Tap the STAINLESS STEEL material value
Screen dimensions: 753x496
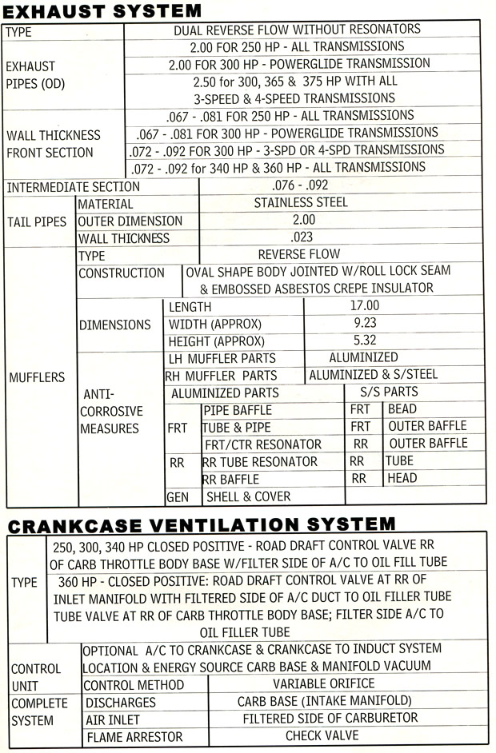click(x=301, y=203)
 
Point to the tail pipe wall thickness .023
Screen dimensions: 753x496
click(x=303, y=237)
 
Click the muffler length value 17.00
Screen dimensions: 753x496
click(x=364, y=306)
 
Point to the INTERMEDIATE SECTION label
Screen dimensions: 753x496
click(x=73, y=187)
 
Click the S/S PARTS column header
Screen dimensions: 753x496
click(x=390, y=392)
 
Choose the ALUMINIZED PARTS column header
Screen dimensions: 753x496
click(x=225, y=393)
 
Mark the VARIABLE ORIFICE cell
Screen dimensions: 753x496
click(x=323, y=684)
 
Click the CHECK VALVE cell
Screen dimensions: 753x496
click(x=322, y=735)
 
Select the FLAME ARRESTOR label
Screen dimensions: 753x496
click(x=134, y=736)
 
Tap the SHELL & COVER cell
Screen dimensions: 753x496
click(x=249, y=496)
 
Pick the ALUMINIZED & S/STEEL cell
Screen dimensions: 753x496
click(x=374, y=375)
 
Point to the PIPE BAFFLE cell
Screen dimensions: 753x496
click(x=238, y=410)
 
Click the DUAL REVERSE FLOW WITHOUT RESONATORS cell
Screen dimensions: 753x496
click(x=297, y=30)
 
